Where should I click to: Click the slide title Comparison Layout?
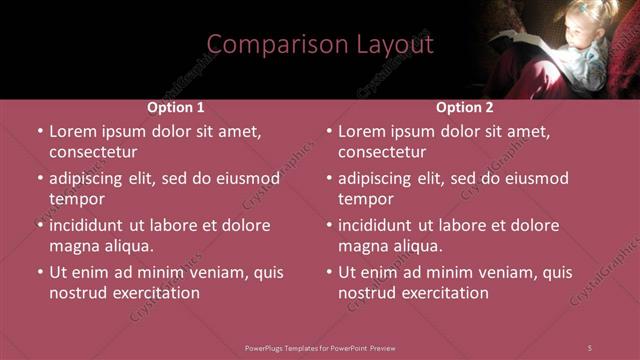pyautogui.click(x=320, y=44)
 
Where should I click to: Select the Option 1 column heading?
pyautogui.click(x=176, y=107)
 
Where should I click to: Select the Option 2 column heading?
pyautogui.click(x=465, y=107)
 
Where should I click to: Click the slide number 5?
pyautogui.click(x=590, y=347)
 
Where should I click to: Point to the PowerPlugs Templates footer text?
pyautogui.click(x=320, y=347)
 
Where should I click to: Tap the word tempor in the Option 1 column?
pyautogui.click(x=76, y=199)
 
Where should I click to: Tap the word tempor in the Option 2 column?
pyautogui.click(x=365, y=199)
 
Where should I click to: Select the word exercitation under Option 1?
pyautogui.click(x=154, y=293)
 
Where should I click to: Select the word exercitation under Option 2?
pyautogui.click(x=443, y=293)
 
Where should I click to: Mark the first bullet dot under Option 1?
pyautogui.click(x=40, y=132)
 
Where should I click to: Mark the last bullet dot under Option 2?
pyautogui.click(x=329, y=272)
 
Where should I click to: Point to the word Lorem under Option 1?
pyautogui.click(x=72, y=131)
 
